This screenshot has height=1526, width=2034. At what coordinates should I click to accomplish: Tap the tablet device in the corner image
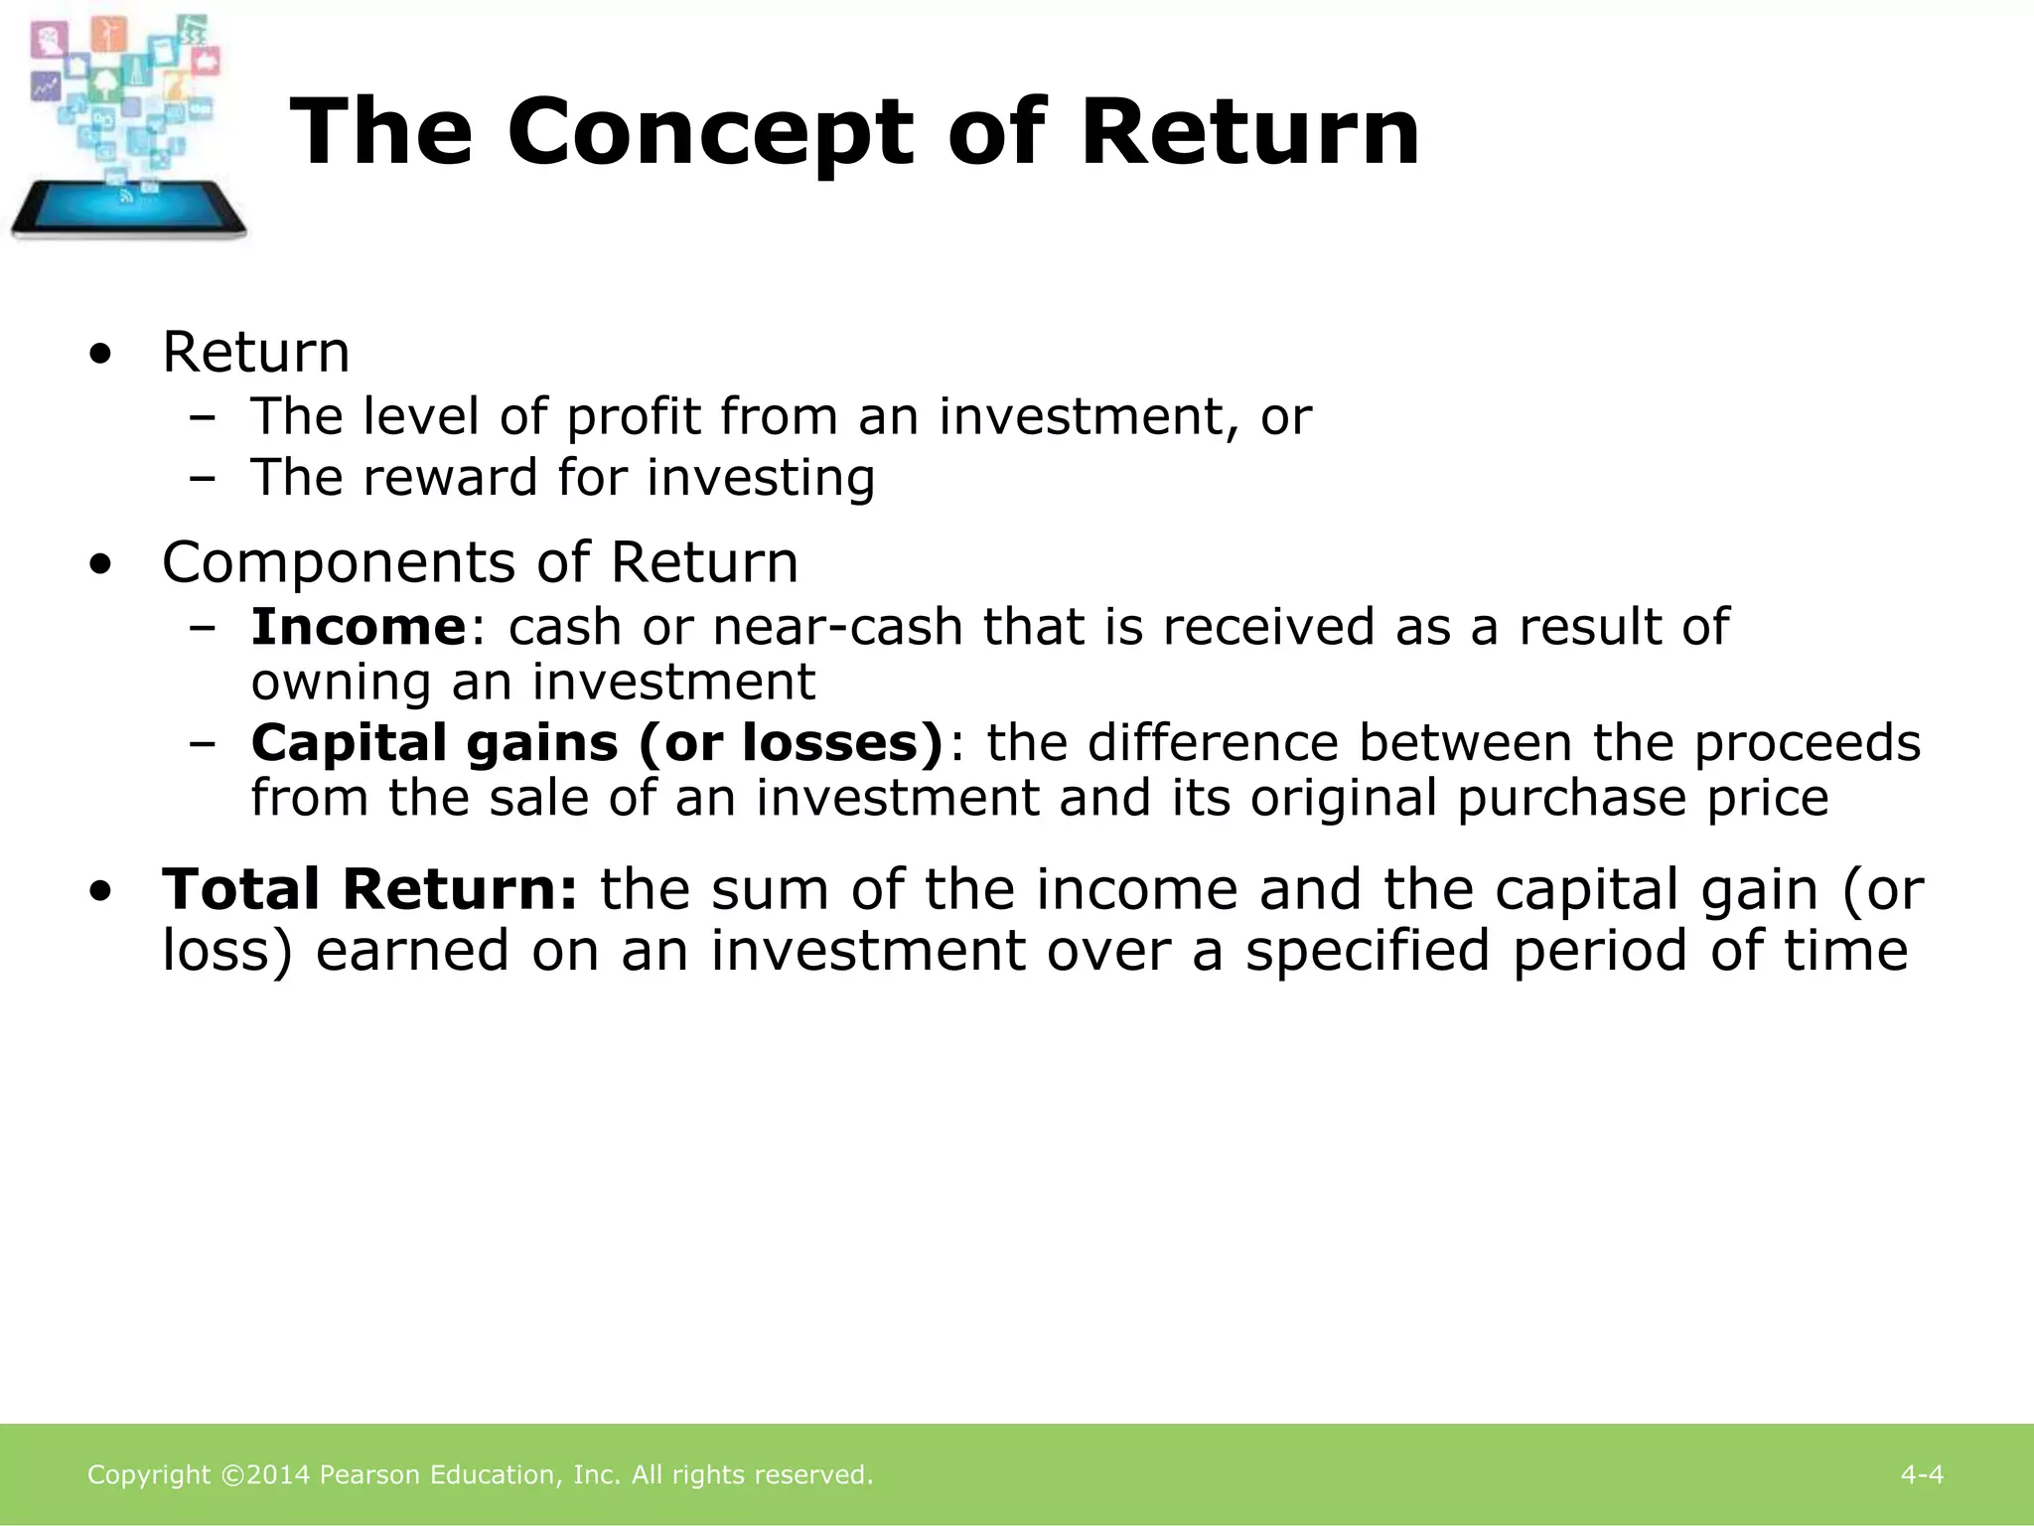coord(127,209)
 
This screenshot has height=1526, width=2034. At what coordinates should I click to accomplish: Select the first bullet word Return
coord(255,353)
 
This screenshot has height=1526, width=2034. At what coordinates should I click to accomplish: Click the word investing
coord(761,478)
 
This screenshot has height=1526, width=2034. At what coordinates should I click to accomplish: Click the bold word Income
coord(358,627)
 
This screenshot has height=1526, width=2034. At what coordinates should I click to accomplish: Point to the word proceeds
coord(1807,743)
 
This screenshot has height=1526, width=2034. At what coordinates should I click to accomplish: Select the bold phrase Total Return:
coord(369,889)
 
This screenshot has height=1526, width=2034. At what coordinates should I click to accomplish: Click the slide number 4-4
coord(1922,1475)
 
